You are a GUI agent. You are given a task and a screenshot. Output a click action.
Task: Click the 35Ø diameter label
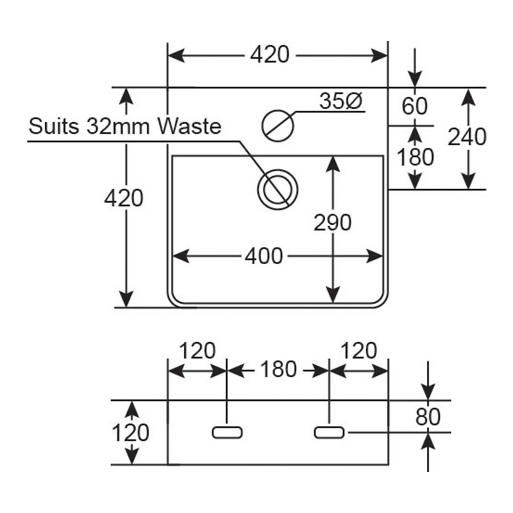coord(341,101)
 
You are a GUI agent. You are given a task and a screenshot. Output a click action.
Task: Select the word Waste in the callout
coord(190,126)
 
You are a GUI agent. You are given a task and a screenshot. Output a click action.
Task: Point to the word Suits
coord(54,126)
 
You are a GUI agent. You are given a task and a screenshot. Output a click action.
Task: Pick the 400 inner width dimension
coord(264,256)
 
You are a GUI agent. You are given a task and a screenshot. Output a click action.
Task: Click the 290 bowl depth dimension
coord(332,223)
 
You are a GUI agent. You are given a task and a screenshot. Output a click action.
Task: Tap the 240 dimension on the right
coord(467,137)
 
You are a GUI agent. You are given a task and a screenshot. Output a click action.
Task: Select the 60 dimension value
coord(415,106)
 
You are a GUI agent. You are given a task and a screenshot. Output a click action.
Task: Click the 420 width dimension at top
coord(270,55)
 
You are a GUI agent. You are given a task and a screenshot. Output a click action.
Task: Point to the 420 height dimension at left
coord(124,198)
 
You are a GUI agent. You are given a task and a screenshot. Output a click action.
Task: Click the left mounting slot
coord(227,432)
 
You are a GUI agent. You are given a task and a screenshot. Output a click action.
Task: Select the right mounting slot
coord(329,432)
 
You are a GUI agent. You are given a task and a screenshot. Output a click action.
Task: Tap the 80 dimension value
coord(428,417)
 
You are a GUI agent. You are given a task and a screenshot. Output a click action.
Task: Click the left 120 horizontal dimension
coord(198,351)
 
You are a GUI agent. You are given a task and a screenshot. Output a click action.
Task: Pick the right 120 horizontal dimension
coord(359,351)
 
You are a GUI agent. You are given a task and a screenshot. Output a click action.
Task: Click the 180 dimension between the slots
coord(279,370)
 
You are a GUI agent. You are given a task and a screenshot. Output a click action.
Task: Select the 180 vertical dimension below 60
coord(415,157)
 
